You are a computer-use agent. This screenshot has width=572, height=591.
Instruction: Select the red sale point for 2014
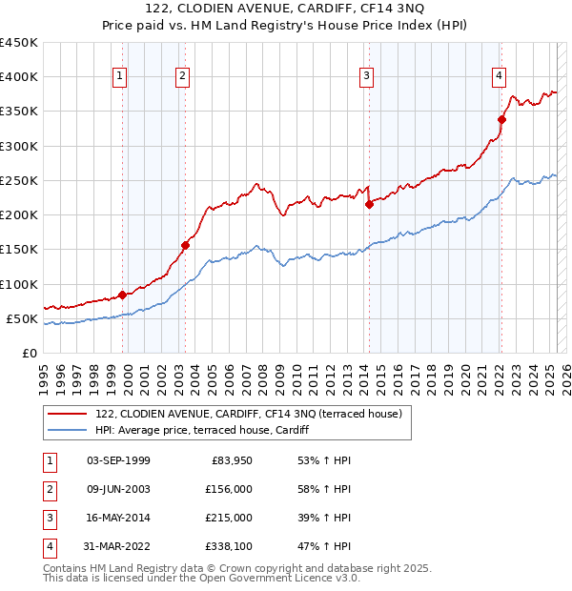(369, 203)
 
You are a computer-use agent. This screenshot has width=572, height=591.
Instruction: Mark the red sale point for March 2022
(501, 119)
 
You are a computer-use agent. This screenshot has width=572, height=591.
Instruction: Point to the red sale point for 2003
(185, 245)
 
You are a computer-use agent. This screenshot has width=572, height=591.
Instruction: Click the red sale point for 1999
(122, 295)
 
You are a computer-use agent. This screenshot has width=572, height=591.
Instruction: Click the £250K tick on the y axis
(21, 180)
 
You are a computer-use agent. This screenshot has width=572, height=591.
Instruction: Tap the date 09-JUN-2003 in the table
(118, 489)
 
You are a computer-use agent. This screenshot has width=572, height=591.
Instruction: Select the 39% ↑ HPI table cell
(325, 518)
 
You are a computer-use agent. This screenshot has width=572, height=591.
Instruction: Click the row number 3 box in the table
(49, 518)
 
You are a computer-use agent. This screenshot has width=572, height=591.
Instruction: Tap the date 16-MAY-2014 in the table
(118, 518)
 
